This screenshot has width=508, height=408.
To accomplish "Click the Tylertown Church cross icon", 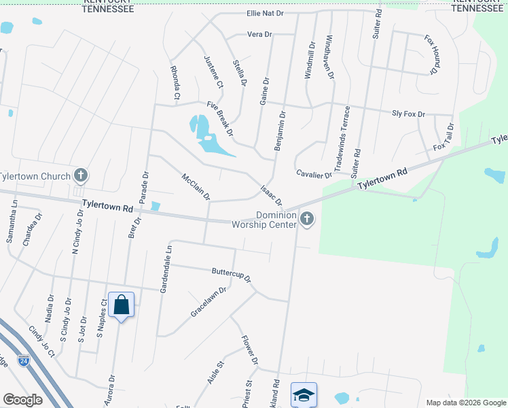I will coord(81,176).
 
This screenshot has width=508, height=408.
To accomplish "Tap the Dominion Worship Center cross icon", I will coord(307,219).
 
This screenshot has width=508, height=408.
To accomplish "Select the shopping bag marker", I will coord(122,305).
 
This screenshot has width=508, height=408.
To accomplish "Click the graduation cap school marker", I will coord(304,394).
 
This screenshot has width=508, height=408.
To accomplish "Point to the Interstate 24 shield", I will coord(24,360).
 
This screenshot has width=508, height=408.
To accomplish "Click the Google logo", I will coord(22,400).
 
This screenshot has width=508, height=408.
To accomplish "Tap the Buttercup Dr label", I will coord(232,274).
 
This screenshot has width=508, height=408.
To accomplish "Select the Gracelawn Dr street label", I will coord(208,301).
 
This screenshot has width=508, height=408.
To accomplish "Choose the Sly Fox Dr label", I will coord(408,114).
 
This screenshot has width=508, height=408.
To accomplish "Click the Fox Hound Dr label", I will coord(433,54).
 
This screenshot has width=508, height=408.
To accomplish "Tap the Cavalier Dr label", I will coord(314,174).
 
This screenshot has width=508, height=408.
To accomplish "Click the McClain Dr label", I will coord(196,186).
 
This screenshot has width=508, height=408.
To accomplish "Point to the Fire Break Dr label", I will coord(220,117).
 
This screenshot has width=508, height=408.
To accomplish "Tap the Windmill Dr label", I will coord(310,61).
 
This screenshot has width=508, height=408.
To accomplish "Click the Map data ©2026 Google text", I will coord(466,403).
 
